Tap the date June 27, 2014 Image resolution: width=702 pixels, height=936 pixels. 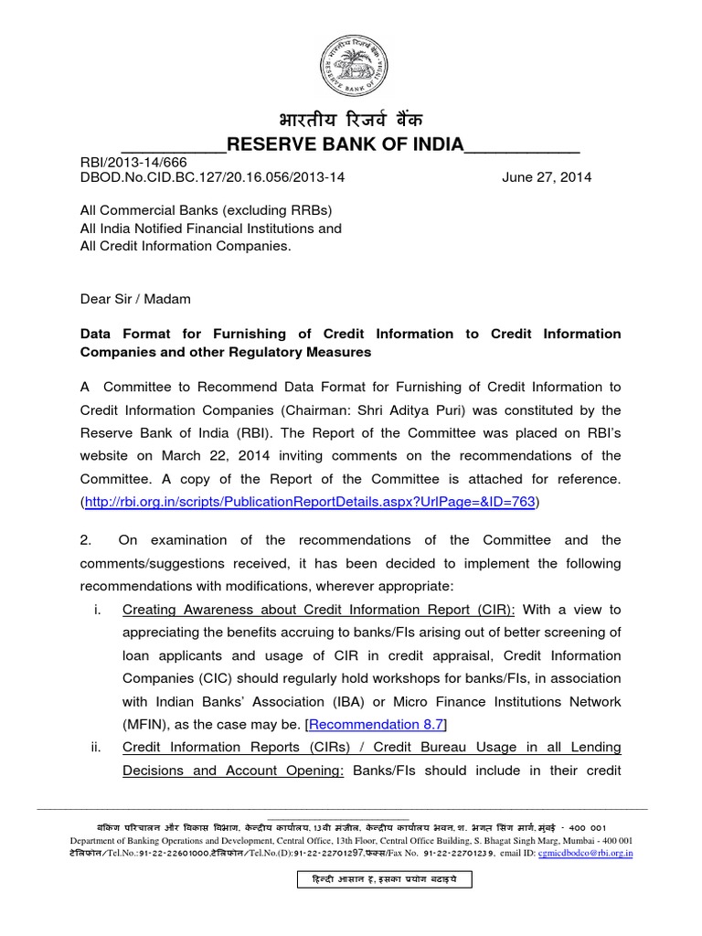point(547,177)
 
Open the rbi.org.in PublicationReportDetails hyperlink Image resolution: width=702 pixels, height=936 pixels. point(310,502)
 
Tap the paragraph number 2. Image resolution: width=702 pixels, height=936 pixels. point(88,540)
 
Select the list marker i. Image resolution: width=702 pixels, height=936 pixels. point(97,610)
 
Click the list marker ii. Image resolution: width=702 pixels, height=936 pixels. point(96,748)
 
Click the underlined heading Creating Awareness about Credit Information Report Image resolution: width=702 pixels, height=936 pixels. point(319,610)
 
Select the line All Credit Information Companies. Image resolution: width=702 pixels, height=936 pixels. point(186,247)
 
